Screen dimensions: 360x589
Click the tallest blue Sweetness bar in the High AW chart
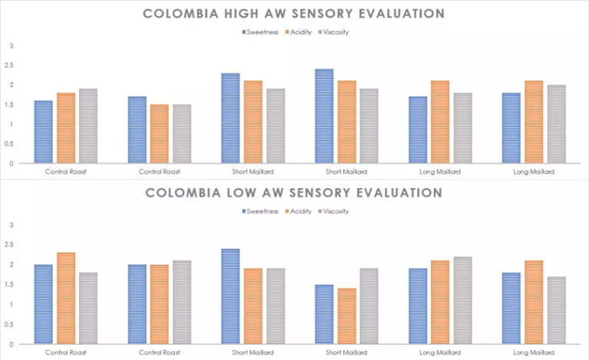[x=324, y=116]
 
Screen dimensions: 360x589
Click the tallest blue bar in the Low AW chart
[x=230, y=296]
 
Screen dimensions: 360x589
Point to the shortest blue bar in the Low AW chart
[x=324, y=314]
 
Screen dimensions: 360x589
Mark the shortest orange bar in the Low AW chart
[x=346, y=316]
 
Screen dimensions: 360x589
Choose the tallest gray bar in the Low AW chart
[x=462, y=300]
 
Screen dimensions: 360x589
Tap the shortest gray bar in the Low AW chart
[x=555, y=310]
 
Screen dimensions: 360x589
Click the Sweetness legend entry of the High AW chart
[x=261, y=31]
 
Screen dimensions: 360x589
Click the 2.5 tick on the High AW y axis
[x=9, y=65]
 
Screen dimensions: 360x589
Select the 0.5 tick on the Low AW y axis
[x=9, y=324]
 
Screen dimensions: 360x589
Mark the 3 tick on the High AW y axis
[x=11, y=45]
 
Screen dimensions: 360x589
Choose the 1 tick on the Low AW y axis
[x=11, y=304]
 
